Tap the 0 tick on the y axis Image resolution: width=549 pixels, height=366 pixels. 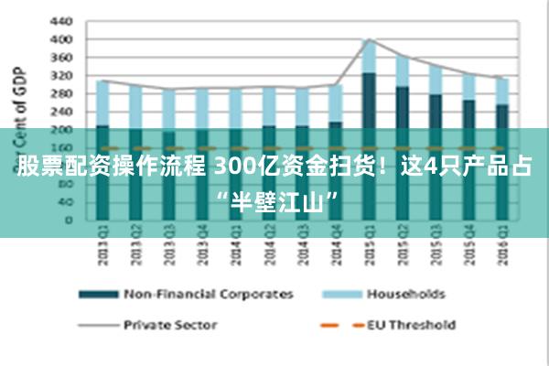[x=69, y=220]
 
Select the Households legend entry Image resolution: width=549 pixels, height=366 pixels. [x=405, y=295]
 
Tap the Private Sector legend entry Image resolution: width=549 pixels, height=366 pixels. [x=170, y=324]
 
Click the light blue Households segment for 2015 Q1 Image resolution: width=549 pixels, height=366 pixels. [x=369, y=57]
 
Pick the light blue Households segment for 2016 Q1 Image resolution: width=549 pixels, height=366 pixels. [x=502, y=91]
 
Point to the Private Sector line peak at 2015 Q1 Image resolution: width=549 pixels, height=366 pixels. [x=369, y=39]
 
